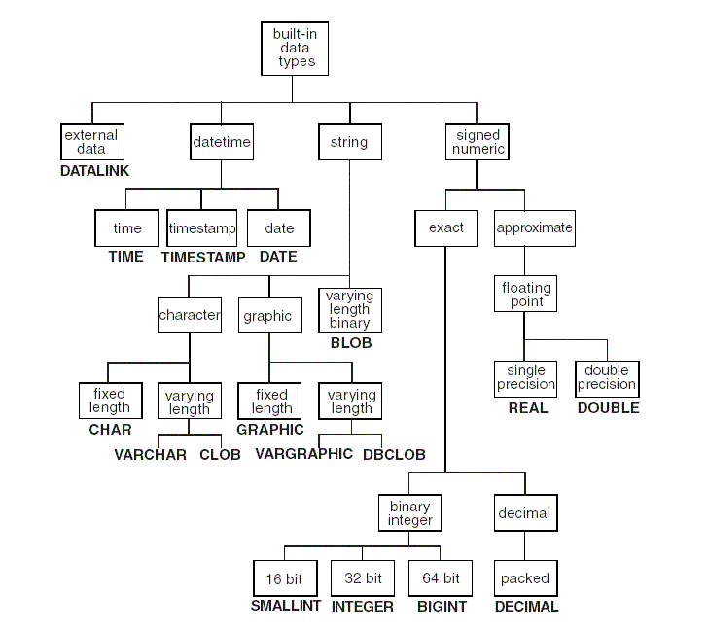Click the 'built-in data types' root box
(295, 49)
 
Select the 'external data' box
(91, 142)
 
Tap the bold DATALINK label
(93, 171)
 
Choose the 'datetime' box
(222, 142)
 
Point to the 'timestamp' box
(202, 228)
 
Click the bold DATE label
(278, 257)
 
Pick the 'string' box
(349, 142)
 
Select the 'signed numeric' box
(478, 142)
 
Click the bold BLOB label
(350, 343)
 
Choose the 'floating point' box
(526, 294)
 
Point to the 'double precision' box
(607, 377)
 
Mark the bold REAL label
(528, 408)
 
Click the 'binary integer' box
(410, 513)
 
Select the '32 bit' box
(363, 578)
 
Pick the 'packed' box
(525, 578)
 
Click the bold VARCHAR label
(150, 455)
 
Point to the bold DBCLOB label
(394, 455)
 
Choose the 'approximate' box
(534, 228)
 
